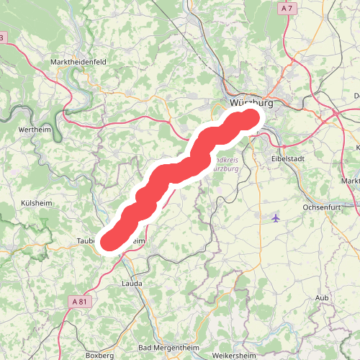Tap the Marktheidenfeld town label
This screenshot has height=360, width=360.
78,63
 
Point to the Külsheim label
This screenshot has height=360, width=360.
35,203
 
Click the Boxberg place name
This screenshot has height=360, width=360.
100,355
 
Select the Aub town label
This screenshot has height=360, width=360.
322,297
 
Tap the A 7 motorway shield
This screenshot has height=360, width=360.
287,8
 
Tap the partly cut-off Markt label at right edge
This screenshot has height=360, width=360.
351,181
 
